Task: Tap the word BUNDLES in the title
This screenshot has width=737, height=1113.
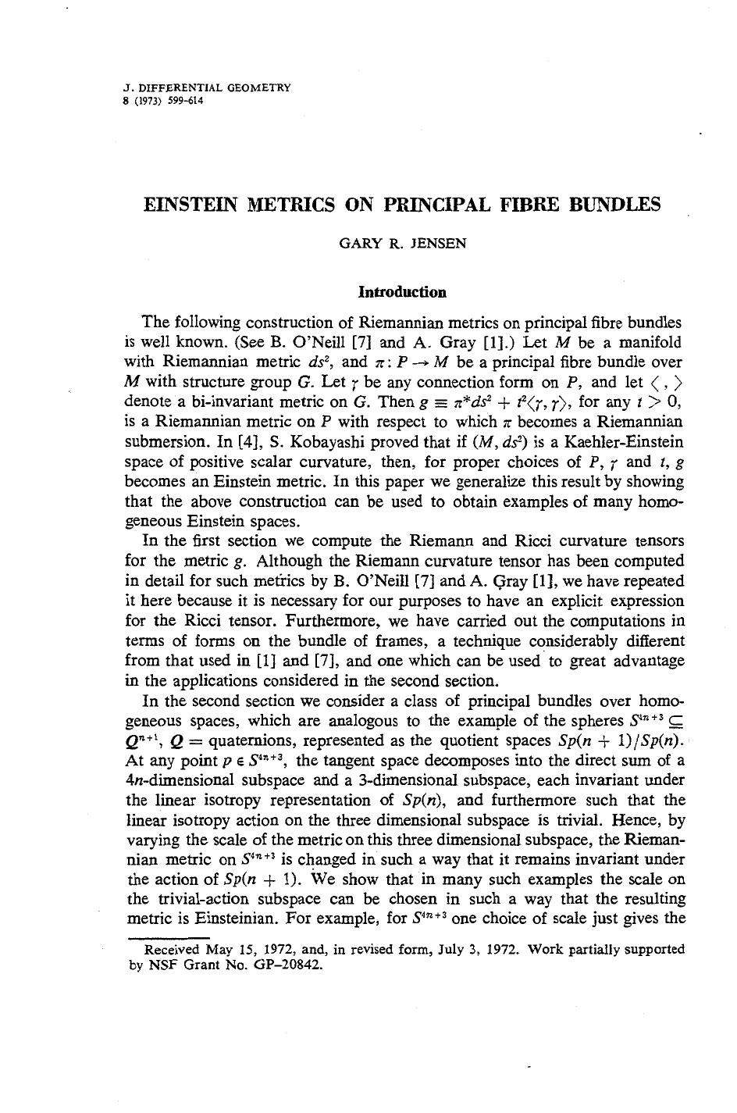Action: pyautogui.click(x=616, y=205)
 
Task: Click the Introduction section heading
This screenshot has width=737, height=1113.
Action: pyautogui.click(x=402, y=292)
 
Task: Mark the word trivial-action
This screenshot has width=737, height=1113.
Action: pyautogui.click(x=196, y=899)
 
